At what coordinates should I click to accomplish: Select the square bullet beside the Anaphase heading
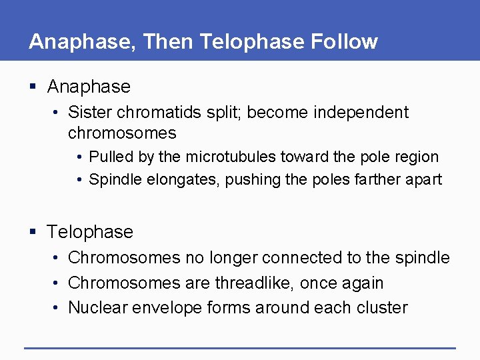coord(33,87)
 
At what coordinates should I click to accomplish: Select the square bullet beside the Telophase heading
coord(33,232)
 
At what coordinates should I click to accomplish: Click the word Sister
coord(90,112)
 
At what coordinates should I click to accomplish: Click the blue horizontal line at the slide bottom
coord(240,347)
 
